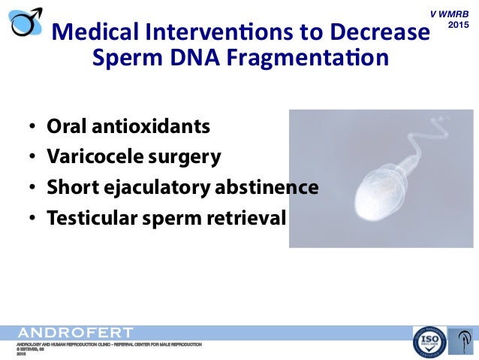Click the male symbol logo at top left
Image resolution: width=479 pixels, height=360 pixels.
click(25, 20)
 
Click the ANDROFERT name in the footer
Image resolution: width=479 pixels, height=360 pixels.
click(75, 332)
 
